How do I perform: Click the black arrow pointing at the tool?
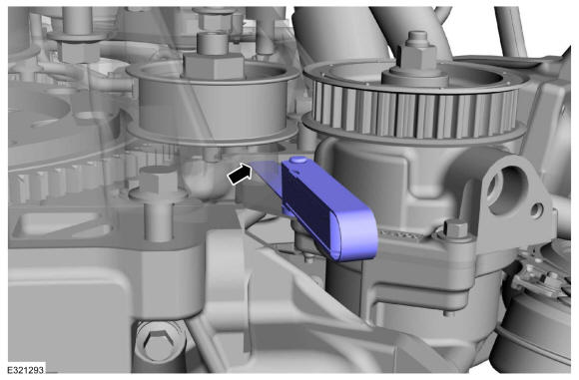(x=240, y=174)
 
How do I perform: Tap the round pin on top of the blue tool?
(x=298, y=161)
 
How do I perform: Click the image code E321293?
(x=26, y=369)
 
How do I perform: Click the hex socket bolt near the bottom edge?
(x=159, y=342)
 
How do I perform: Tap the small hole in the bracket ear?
(x=536, y=209)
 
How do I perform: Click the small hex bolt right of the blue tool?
(x=455, y=227)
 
